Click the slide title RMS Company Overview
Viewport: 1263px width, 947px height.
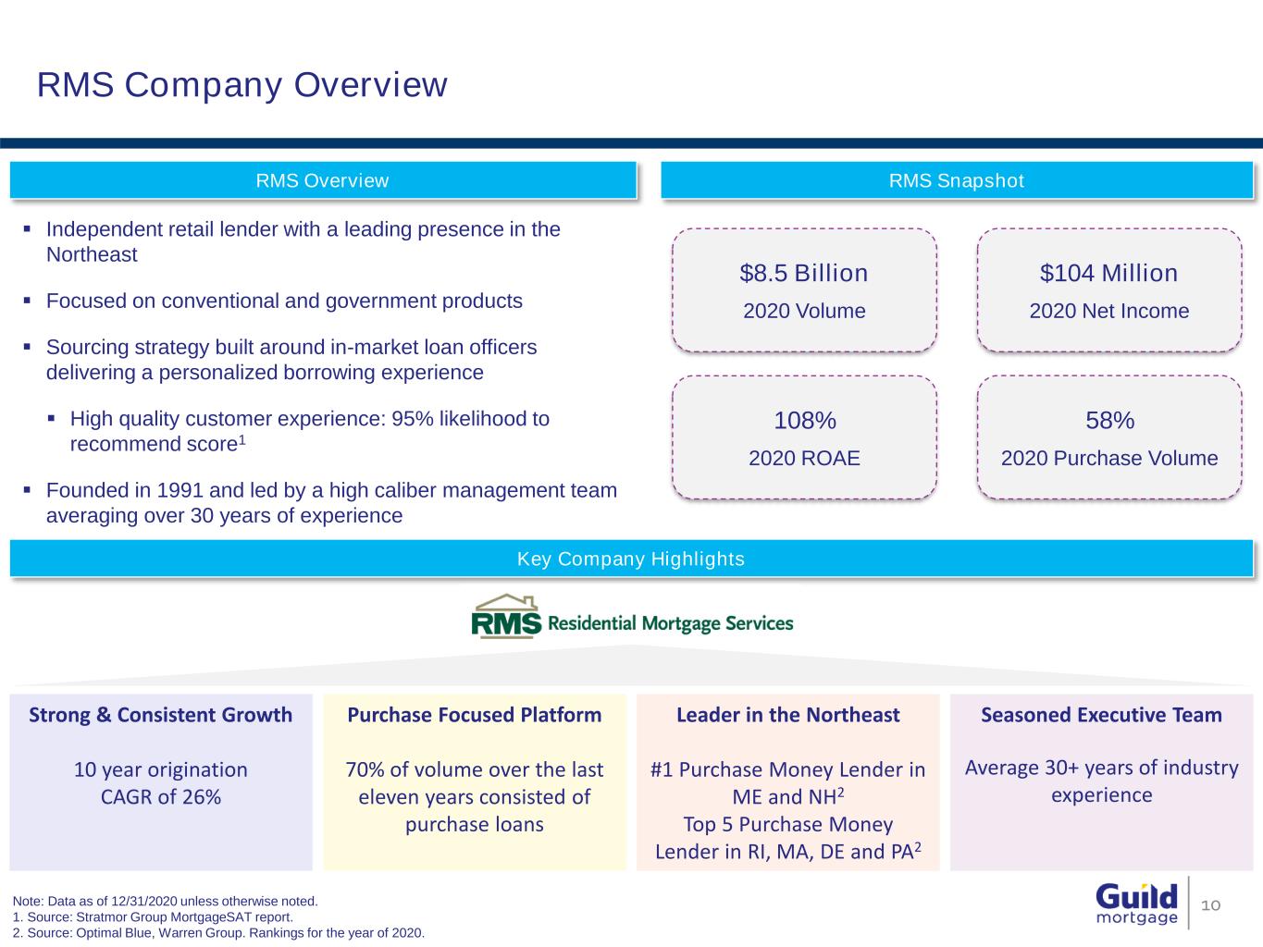[x=242, y=84]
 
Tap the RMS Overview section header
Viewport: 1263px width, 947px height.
[x=322, y=180]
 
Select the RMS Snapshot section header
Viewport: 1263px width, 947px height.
[x=956, y=180]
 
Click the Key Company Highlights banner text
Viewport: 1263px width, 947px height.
[x=630, y=559]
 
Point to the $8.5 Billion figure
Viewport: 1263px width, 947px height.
[x=804, y=273]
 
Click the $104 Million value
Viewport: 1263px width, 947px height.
[x=1108, y=273]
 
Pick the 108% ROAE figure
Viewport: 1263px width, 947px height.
[x=805, y=421]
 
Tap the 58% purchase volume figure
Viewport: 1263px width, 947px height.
[x=1109, y=421]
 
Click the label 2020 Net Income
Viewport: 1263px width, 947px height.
[x=1108, y=311]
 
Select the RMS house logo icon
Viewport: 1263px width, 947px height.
[x=506, y=617]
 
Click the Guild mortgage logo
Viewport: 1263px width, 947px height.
[x=1136, y=903]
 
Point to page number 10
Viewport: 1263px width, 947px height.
[x=1211, y=904]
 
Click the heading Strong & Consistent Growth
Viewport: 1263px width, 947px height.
[x=161, y=715]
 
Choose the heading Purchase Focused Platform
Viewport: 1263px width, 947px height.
[x=474, y=715]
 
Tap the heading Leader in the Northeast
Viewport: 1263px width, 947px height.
[x=787, y=715]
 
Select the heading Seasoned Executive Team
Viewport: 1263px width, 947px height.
[x=1101, y=715]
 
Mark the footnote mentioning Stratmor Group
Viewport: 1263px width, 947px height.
[x=153, y=916]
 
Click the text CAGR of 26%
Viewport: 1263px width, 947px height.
[x=161, y=796]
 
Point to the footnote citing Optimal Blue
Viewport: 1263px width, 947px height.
[x=218, y=932]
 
